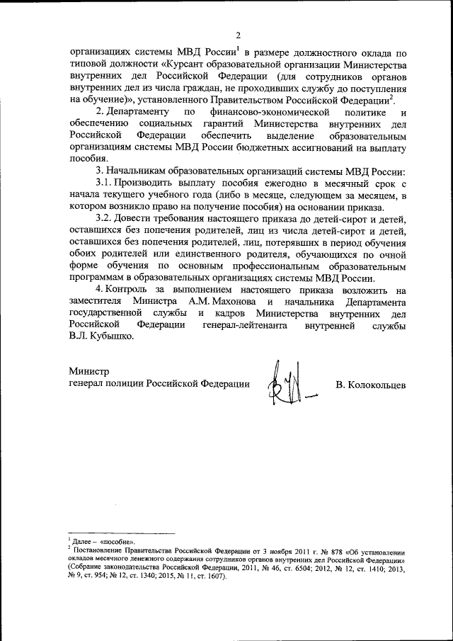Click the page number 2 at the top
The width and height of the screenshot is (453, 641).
238,35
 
